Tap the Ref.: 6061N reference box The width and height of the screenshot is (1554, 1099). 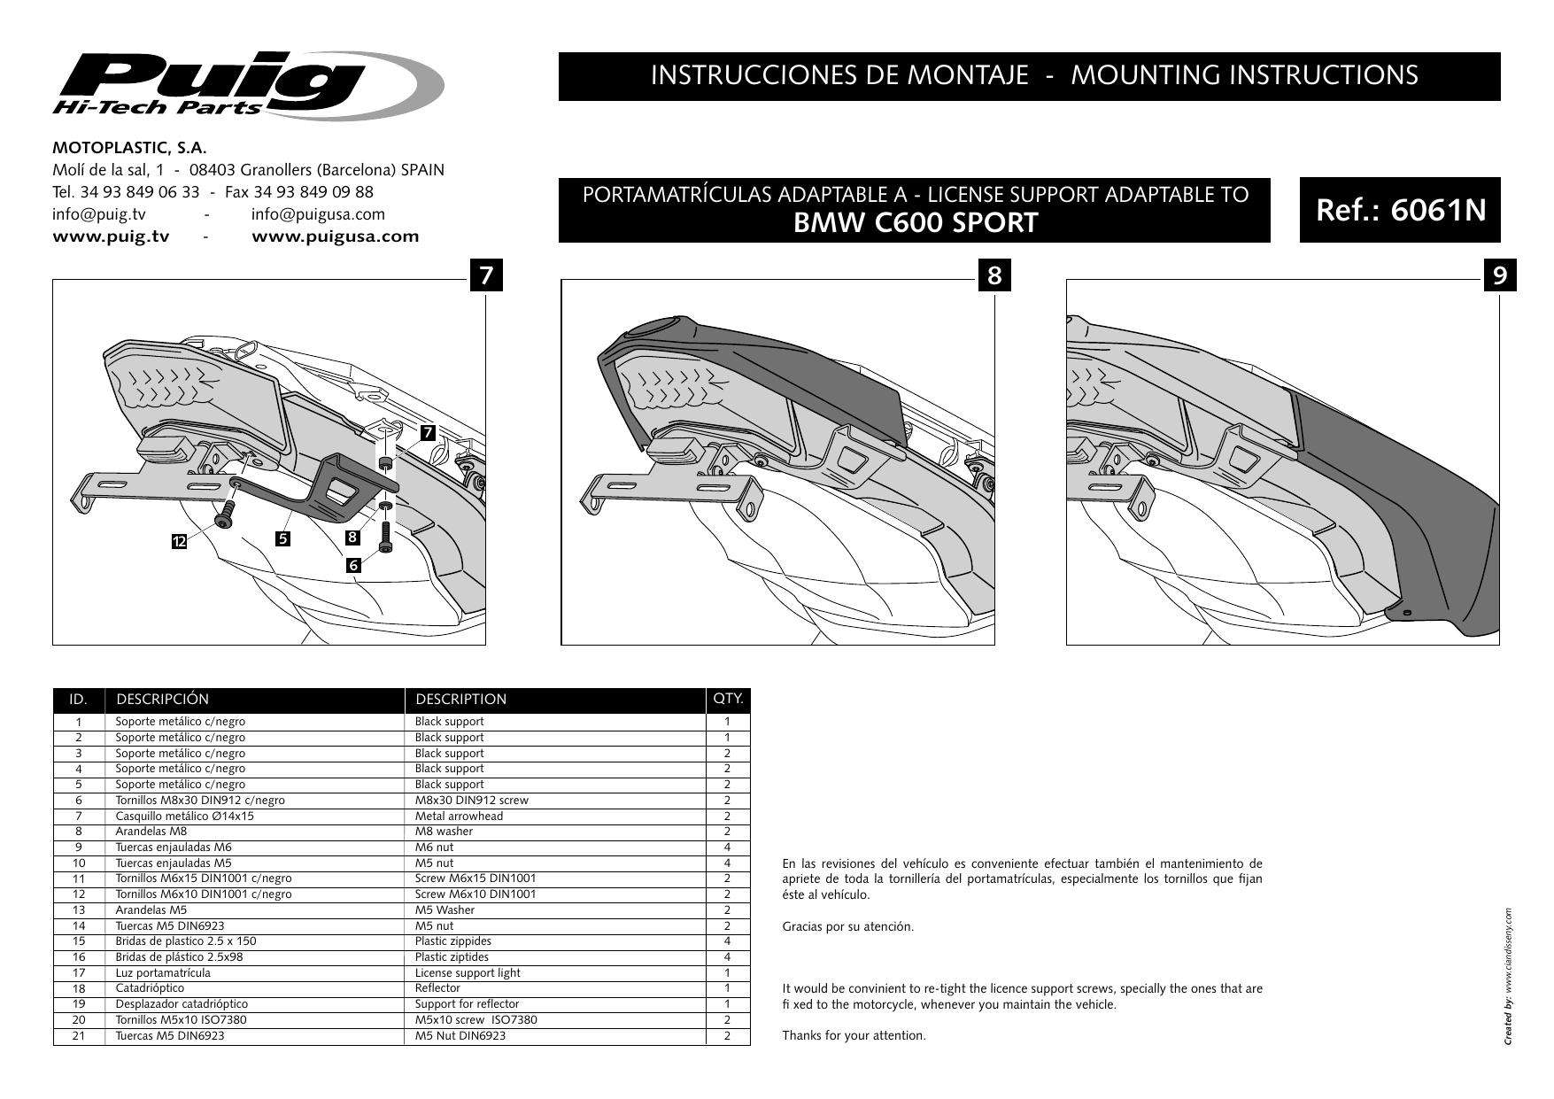coord(1400,211)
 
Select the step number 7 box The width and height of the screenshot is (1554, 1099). coord(486,275)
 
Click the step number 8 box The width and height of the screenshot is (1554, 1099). coord(994,275)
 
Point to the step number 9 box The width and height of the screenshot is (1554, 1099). coord(1499,275)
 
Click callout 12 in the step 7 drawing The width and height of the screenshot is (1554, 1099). coord(180,541)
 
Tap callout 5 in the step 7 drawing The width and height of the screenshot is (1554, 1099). coord(282,538)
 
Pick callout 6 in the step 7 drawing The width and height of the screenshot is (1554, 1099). coord(353,564)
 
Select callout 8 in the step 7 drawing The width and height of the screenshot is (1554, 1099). coord(352,537)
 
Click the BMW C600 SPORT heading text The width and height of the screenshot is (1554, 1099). coord(915,223)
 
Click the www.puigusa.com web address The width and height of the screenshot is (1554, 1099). coord(336,236)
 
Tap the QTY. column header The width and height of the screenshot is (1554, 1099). coord(728,699)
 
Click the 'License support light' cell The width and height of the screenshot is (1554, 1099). coord(468,972)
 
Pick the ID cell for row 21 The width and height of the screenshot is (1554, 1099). coord(79,1035)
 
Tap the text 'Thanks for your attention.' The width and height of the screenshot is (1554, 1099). coord(854,1035)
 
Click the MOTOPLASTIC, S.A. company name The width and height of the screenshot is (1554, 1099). coord(129,148)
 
